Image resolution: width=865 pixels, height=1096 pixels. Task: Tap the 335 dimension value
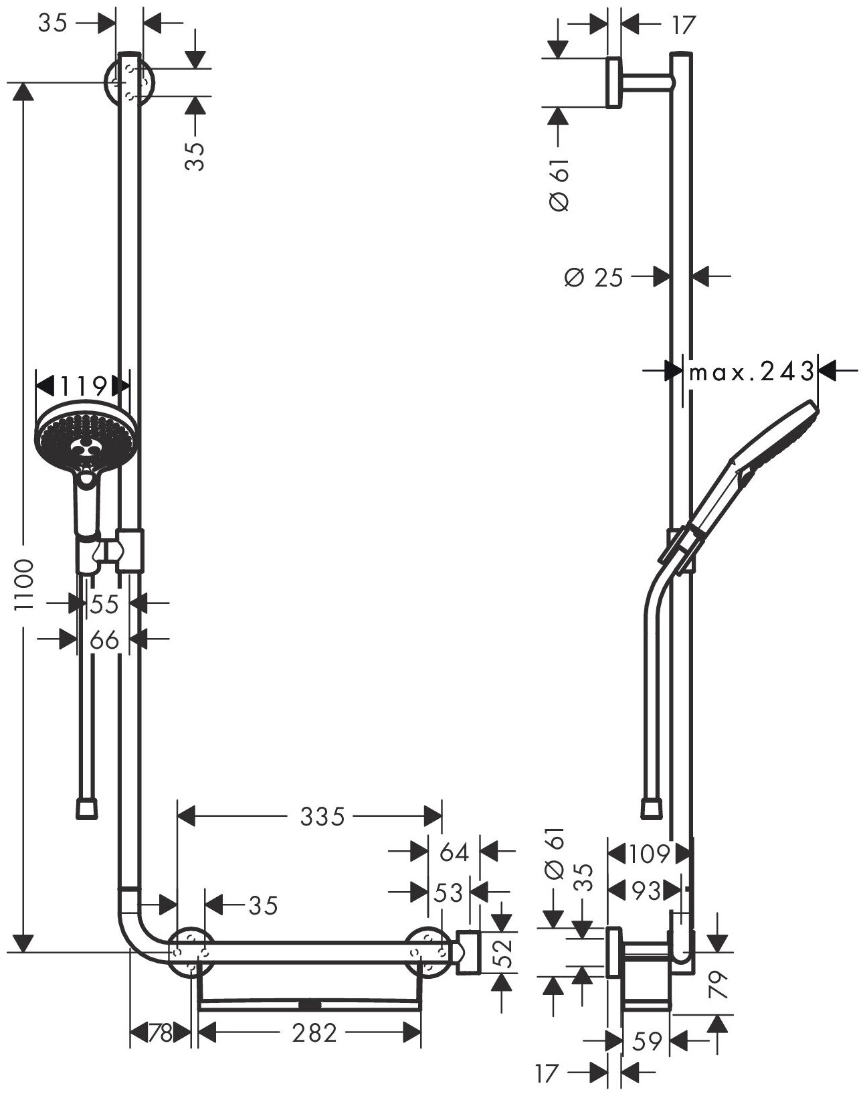click(x=322, y=816)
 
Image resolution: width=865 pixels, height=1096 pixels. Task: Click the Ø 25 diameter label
click(x=593, y=277)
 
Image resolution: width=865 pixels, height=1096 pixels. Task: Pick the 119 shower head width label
click(x=83, y=386)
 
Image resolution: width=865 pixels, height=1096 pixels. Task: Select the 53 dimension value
click(x=449, y=892)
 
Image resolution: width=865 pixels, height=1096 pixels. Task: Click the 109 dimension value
click(x=648, y=854)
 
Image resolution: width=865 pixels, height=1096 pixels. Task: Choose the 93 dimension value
click(x=646, y=891)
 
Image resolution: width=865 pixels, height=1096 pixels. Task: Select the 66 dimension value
click(x=104, y=640)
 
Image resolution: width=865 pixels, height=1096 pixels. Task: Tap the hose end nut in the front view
click(x=86, y=807)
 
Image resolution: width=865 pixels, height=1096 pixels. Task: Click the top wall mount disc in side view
click(x=613, y=82)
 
